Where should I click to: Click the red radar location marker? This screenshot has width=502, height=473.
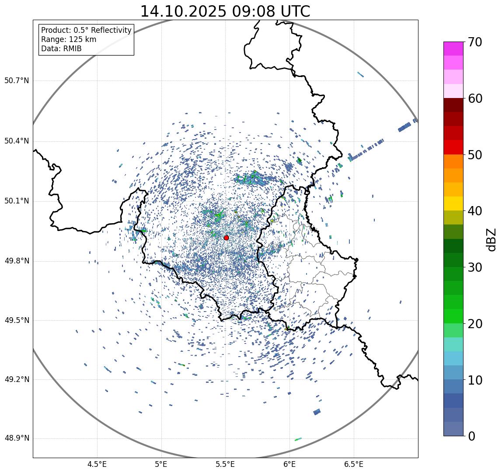pos(226,238)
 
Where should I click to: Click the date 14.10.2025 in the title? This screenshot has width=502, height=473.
pos(182,11)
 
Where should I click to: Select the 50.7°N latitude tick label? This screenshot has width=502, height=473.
pos(16,81)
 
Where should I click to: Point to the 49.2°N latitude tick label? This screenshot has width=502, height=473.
pos(16,379)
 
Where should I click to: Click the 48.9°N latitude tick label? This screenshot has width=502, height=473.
pos(16,438)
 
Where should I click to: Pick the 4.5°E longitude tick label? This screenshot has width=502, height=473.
pos(97,464)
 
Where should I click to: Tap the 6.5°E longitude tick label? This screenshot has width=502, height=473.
pos(353,464)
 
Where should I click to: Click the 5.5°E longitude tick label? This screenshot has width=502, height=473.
pos(225,464)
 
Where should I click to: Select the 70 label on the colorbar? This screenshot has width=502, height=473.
pos(475,42)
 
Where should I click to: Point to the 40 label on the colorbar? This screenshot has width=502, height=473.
pos(475,211)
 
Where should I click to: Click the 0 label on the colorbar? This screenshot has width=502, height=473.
pos(472,436)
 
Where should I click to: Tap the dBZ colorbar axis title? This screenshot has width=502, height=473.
pos(492,239)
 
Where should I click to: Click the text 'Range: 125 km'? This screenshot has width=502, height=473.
pos(69,39)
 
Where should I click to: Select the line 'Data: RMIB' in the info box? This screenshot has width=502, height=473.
pos(61,49)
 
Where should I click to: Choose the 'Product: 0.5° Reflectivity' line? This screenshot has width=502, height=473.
pos(86,30)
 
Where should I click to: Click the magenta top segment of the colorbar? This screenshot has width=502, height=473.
pos(453,49)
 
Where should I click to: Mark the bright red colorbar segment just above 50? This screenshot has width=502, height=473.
pos(453,147)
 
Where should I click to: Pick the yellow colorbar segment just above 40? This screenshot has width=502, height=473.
pos(453,203)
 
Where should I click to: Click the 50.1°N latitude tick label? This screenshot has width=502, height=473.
pos(16,201)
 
